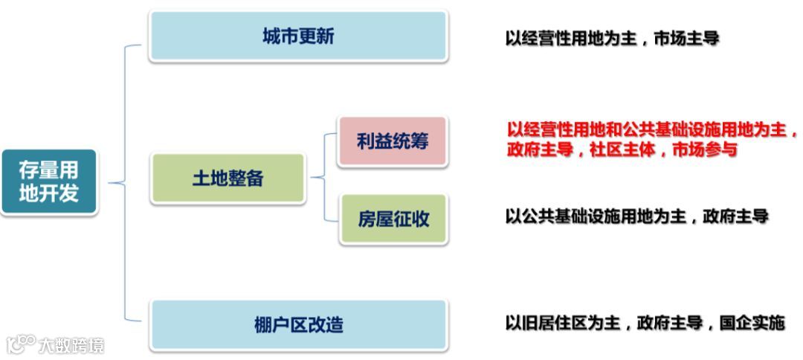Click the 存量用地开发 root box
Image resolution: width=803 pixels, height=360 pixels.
click(49, 182)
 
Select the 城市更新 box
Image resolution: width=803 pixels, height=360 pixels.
click(298, 36)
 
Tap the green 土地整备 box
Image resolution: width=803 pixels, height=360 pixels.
click(228, 179)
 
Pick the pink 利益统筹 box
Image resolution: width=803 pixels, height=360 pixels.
click(393, 141)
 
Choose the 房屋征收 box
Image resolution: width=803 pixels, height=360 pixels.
click(393, 219)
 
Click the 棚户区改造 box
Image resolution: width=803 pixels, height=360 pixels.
click(298, 324)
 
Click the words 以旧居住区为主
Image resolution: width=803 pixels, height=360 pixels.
click(562, 324)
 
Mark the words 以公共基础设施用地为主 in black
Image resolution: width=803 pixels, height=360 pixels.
click(595, 217)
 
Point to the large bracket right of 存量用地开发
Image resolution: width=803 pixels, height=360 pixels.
click(125, 182)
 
